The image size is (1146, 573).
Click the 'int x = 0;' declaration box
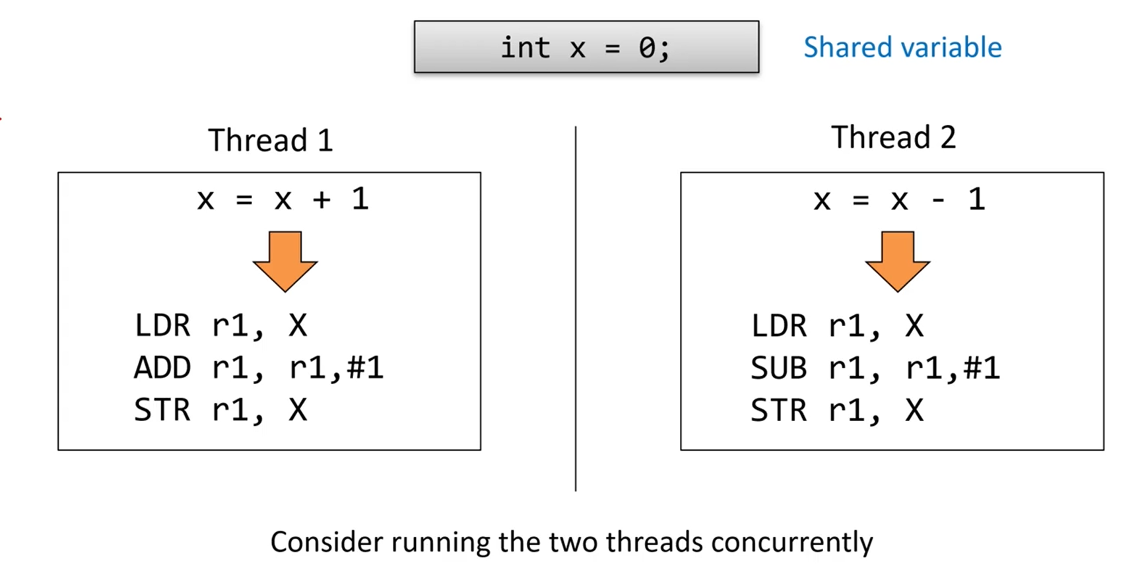pos(586,47)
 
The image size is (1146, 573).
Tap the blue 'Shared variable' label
pos(902,48)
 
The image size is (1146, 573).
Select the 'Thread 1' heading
pos(271,140)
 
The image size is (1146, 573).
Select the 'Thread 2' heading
pos(893,137)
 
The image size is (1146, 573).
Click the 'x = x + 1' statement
pos(283,199)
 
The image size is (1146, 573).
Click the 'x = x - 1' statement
pos(899,199)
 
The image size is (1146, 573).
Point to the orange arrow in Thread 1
pos(285,261)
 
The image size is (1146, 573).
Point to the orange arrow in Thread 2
pos(898,261)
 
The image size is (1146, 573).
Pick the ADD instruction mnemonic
pos(162,368)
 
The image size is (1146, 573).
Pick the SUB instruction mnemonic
pos(779,368)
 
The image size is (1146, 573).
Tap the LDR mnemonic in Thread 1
pos(162,325)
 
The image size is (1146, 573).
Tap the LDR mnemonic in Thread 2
pos(779,325)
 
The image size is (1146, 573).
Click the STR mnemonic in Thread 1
pos(162,410)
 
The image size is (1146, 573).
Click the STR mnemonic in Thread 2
pos(779,410)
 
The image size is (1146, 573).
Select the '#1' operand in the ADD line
pos(365,368)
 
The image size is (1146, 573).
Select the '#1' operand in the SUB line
pos(982,368)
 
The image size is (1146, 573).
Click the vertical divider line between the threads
pos(576,309)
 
